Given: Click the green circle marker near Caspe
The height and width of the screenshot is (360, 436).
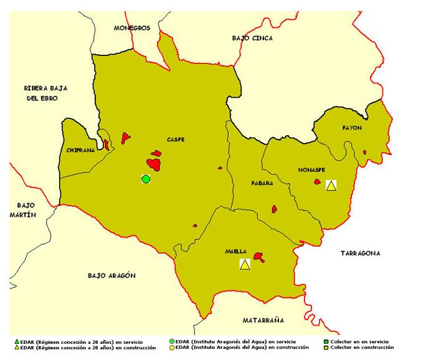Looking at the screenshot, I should (146, 179).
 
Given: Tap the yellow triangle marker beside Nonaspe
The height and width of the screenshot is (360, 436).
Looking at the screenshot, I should (331, 184).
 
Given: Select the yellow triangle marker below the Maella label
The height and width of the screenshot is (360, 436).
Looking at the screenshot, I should (245, 264).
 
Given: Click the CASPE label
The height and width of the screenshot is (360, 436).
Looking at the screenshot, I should (176, 140).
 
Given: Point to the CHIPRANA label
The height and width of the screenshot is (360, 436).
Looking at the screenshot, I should (80, 151).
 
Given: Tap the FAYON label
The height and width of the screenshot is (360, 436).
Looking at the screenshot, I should (351, 128).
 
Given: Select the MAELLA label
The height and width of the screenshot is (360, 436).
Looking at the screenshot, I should (236, 252).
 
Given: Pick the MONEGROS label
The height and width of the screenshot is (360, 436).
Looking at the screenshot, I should (132, 28).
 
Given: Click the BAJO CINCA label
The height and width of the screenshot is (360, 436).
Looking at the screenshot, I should (252, 38).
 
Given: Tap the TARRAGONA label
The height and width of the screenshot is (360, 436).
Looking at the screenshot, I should (361, 253).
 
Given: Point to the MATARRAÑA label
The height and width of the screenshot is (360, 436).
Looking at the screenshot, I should (262, 320).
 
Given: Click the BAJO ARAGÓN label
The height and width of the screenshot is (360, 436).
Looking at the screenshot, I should (112, 275).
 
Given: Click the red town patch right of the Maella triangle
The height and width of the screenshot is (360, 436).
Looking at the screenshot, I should (258, 257).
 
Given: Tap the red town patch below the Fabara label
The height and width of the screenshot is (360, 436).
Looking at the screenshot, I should (273, 209).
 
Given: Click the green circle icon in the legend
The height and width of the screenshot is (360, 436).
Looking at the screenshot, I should (172, 342).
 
